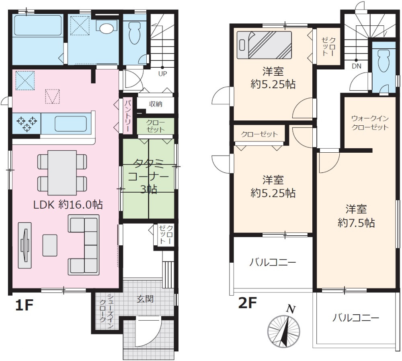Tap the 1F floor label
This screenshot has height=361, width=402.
point(25,305)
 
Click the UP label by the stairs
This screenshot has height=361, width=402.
point(162,74)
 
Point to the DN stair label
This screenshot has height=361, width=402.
point(356,66)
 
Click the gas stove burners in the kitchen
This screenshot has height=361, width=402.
point(27,123)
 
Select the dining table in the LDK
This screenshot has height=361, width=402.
point(62,173)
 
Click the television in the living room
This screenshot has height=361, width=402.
point(25,245)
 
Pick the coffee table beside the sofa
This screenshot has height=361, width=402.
point(50,245)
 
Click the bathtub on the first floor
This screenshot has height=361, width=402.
point(38,25)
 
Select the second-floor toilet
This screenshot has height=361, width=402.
point(384,61)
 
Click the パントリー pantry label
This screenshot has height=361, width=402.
point(128,115)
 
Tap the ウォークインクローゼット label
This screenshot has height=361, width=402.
point(370,123)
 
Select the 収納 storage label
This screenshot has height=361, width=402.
point(155,104)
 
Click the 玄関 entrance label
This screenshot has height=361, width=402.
point(145,299)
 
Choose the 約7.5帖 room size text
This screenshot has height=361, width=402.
point(356,223)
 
